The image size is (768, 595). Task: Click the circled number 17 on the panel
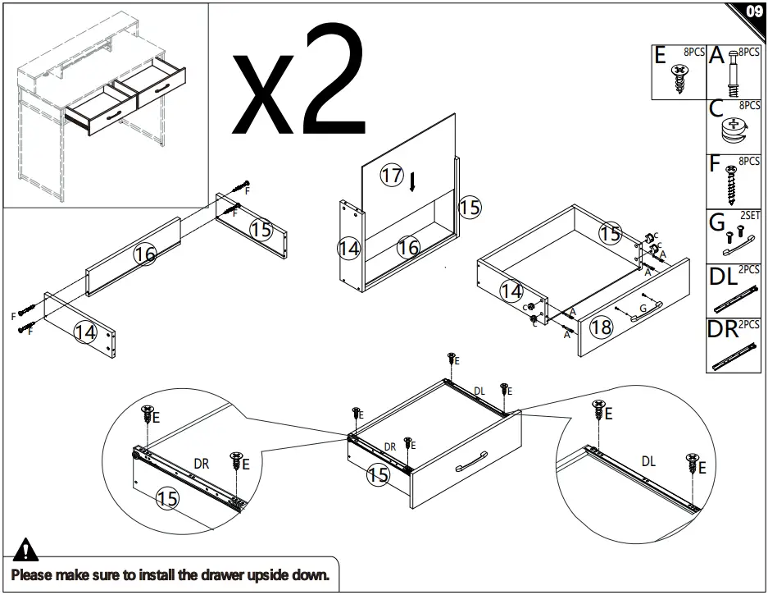click(393, 176)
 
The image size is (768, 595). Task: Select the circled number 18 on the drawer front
click(601, 327)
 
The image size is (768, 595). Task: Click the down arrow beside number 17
click(414, 181)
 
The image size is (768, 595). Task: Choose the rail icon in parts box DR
click(734, 354)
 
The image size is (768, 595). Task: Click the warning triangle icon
click(26, 548)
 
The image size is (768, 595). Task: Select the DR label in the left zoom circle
click(201, 464)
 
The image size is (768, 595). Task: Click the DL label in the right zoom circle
click(648, 461)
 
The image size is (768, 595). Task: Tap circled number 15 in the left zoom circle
click(167, 497)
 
